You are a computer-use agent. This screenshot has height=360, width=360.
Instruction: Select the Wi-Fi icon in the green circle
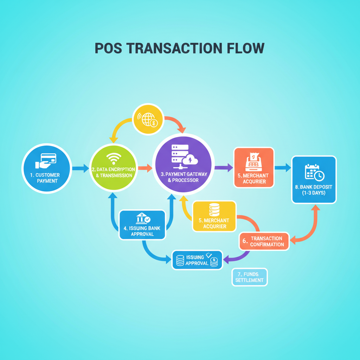click(112, 159)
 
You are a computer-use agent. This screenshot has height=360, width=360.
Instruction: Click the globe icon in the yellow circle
click(148, 120)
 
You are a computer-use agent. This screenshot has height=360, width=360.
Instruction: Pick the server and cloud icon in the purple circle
click(183, 157)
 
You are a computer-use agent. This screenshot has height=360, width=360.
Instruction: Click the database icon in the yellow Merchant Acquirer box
click(214, 209)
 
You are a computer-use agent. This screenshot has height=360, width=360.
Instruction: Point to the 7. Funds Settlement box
click(250, 277)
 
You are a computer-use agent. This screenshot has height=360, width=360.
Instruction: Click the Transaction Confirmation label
click(266, 241)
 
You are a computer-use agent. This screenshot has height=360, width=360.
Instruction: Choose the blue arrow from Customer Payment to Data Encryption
click(81, 168)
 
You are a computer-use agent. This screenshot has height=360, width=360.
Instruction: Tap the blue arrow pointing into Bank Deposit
click(283, 168)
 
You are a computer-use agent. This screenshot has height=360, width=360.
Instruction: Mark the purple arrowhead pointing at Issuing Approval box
click(226, 260)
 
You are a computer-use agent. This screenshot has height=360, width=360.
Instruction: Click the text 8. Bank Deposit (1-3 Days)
click(314, 190)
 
